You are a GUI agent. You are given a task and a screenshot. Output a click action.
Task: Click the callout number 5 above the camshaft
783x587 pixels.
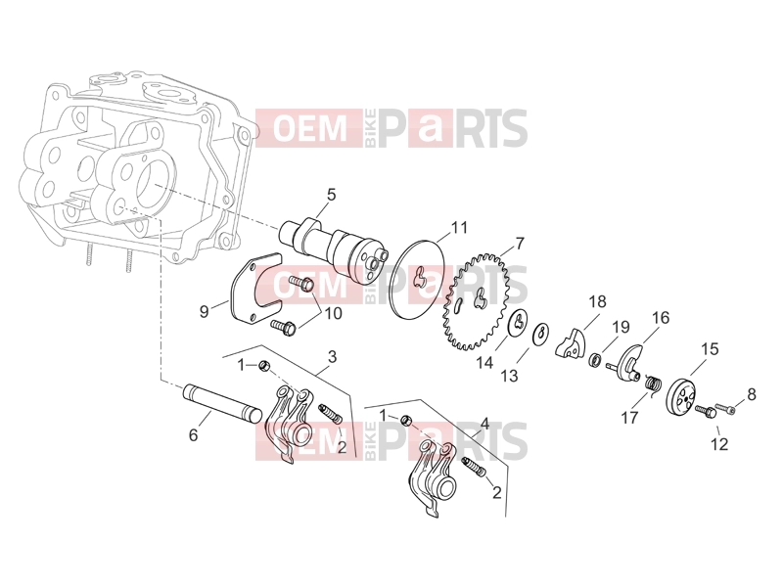click(x=332, y=194)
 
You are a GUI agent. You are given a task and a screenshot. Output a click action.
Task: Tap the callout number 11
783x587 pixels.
click(x=459, y=228)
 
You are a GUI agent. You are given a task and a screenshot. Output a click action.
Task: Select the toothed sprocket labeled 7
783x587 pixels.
click(x=476, y=301)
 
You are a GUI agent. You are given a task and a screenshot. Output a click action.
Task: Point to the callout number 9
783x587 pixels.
click(x=204, y=311)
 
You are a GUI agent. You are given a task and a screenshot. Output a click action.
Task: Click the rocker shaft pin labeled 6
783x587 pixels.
click(x=223, y=403)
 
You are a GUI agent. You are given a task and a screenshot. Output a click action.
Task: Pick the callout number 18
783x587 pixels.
click(x=597, y=301)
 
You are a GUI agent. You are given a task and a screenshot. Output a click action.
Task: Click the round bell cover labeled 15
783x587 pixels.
click(x=681, y=396)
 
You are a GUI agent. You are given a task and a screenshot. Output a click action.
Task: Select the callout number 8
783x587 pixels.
click(x=752, y=394)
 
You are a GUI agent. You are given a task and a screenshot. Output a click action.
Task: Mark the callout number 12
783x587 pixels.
click(x=719, y=444)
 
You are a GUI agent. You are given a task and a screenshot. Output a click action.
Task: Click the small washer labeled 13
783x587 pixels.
click(x=541, y=334)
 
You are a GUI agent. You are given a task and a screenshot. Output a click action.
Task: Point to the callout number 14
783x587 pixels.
click(x=484, y=363)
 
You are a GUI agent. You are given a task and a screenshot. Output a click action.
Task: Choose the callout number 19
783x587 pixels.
click(x=622, y=328)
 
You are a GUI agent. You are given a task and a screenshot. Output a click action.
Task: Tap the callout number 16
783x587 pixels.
click(x=660, y=317)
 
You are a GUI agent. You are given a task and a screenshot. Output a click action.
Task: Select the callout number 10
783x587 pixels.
click(x=334, y=313)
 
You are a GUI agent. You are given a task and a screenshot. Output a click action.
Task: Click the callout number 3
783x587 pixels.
click(x=332, y=357)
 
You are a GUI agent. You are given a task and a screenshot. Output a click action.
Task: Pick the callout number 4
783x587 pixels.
click(x=484, y=424)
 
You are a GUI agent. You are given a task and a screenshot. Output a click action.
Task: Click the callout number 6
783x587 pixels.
click(x=193, y=435)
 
